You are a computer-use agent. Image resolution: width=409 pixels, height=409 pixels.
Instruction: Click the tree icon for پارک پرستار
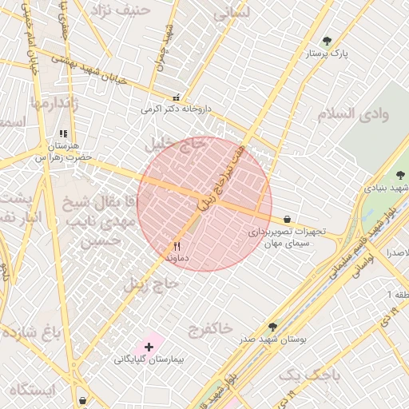click(x=326, y=41)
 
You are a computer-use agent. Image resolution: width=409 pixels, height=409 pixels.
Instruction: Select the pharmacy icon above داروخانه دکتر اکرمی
click(x=177, y=96)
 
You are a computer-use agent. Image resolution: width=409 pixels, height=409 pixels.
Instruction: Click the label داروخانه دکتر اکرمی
click(x=175, y=109)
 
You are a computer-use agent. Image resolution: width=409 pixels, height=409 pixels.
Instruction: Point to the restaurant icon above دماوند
click(x=177, y=246)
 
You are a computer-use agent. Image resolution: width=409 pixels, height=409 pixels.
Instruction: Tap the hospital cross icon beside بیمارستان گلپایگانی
click(x=148, y=347)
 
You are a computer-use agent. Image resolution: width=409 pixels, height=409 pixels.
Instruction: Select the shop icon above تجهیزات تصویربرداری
click(x=287, y=219)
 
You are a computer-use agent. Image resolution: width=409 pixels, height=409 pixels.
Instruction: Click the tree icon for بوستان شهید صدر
click(x=272, y=327)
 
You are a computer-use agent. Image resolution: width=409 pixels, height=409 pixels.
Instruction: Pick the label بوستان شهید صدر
click(x=273, y=340)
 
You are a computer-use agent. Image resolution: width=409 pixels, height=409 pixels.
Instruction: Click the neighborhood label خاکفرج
click(x=211, y=328)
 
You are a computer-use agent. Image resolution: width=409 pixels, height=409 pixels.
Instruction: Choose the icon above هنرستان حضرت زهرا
click(x=63, y=134)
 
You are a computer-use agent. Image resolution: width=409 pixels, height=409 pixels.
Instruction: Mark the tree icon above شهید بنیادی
click(x=401, y=175)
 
